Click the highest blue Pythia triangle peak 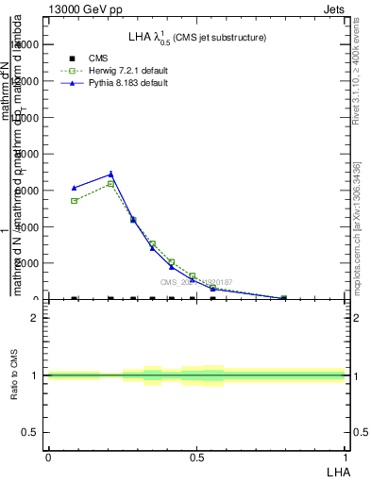(x=110, y=174)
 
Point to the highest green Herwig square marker (x=110, y=184)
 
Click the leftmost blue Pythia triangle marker (x=74, y=188)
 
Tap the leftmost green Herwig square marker (x=74, y=201)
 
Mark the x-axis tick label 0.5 (x=196, y=458)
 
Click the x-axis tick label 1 (x=346, y=458)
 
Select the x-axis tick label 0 (x=48, y=458)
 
